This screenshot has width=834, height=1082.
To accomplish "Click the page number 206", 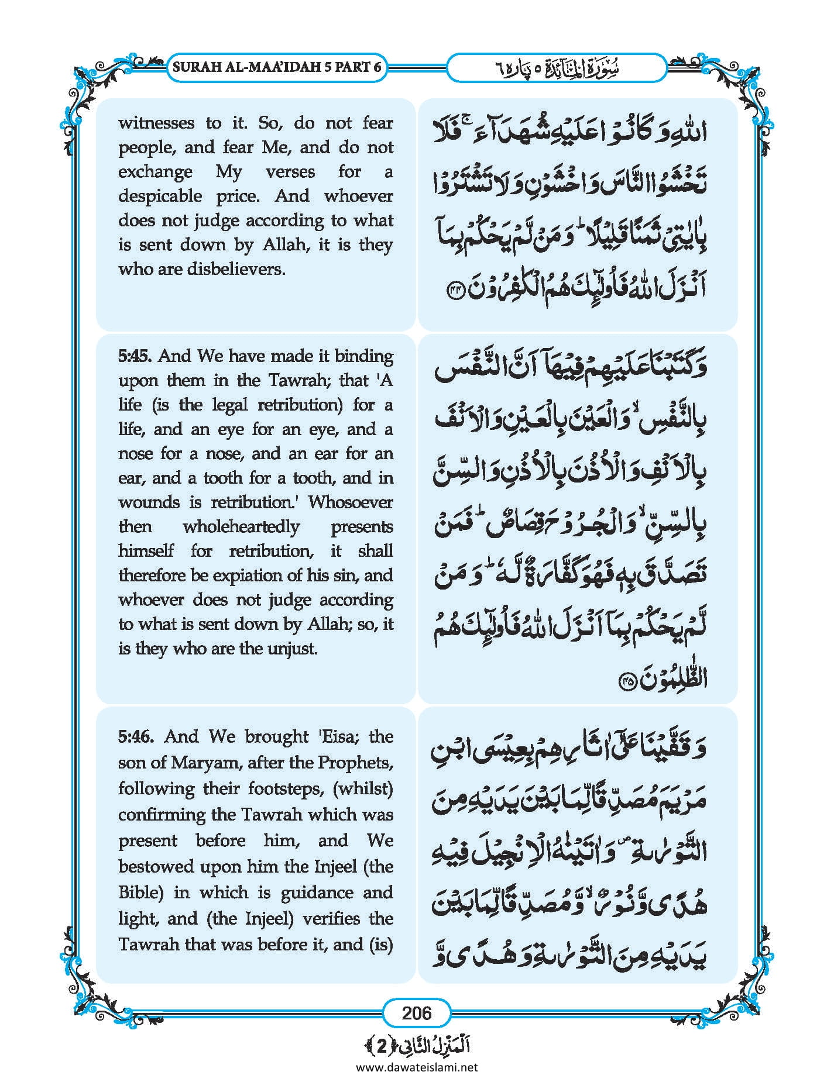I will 416,1012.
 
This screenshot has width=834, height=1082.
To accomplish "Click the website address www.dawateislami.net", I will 417,1067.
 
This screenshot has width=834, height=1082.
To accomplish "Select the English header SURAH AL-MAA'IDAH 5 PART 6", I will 277,67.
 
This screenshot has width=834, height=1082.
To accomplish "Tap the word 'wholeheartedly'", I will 241,526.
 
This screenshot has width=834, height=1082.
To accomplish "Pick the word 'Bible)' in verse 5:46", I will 141,893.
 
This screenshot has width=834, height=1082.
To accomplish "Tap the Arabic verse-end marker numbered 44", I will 455,289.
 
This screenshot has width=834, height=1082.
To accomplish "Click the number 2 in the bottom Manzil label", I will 381,1047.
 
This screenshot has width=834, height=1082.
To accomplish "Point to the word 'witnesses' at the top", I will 156,123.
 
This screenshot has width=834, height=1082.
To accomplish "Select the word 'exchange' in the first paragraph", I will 155,172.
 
